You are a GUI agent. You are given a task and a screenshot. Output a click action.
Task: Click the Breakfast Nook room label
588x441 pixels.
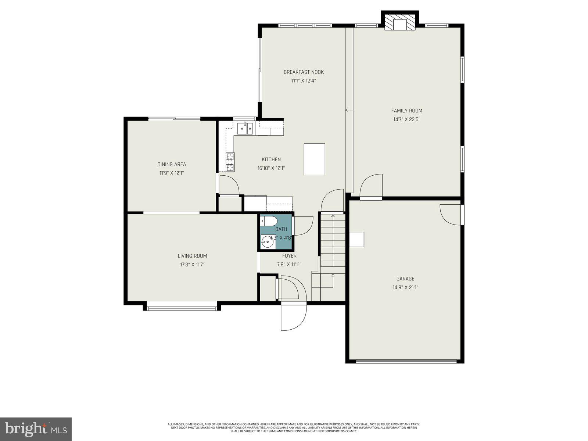coord(304,72)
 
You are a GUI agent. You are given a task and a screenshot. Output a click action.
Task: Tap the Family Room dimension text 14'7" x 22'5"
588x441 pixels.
coord(406,119)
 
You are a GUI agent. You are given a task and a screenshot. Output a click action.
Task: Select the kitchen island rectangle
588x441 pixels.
coord(314,159)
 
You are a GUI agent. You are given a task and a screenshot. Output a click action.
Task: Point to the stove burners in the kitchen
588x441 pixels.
coord(230,162)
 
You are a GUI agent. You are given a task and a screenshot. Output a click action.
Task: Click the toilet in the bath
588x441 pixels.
coord(269,221)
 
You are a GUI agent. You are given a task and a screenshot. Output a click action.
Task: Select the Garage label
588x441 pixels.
coord(405,279)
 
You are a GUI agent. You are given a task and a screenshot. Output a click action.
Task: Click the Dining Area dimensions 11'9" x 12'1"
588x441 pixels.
coord(171,173)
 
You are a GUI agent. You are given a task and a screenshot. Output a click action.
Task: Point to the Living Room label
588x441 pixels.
coord(192,256)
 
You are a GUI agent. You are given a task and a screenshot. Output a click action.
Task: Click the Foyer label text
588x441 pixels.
coord(289,256)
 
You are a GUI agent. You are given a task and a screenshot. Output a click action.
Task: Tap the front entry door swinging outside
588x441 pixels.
coord(293,317)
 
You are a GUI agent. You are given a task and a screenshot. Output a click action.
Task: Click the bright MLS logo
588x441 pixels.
coord(36,429)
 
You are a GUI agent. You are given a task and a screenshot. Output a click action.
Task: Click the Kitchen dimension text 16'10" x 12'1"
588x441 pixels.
coord(271,168)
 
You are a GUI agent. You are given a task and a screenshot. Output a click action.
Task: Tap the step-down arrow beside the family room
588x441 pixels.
coord(347,110)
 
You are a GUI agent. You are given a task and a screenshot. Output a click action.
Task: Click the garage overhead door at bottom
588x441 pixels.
coord(406,361)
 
